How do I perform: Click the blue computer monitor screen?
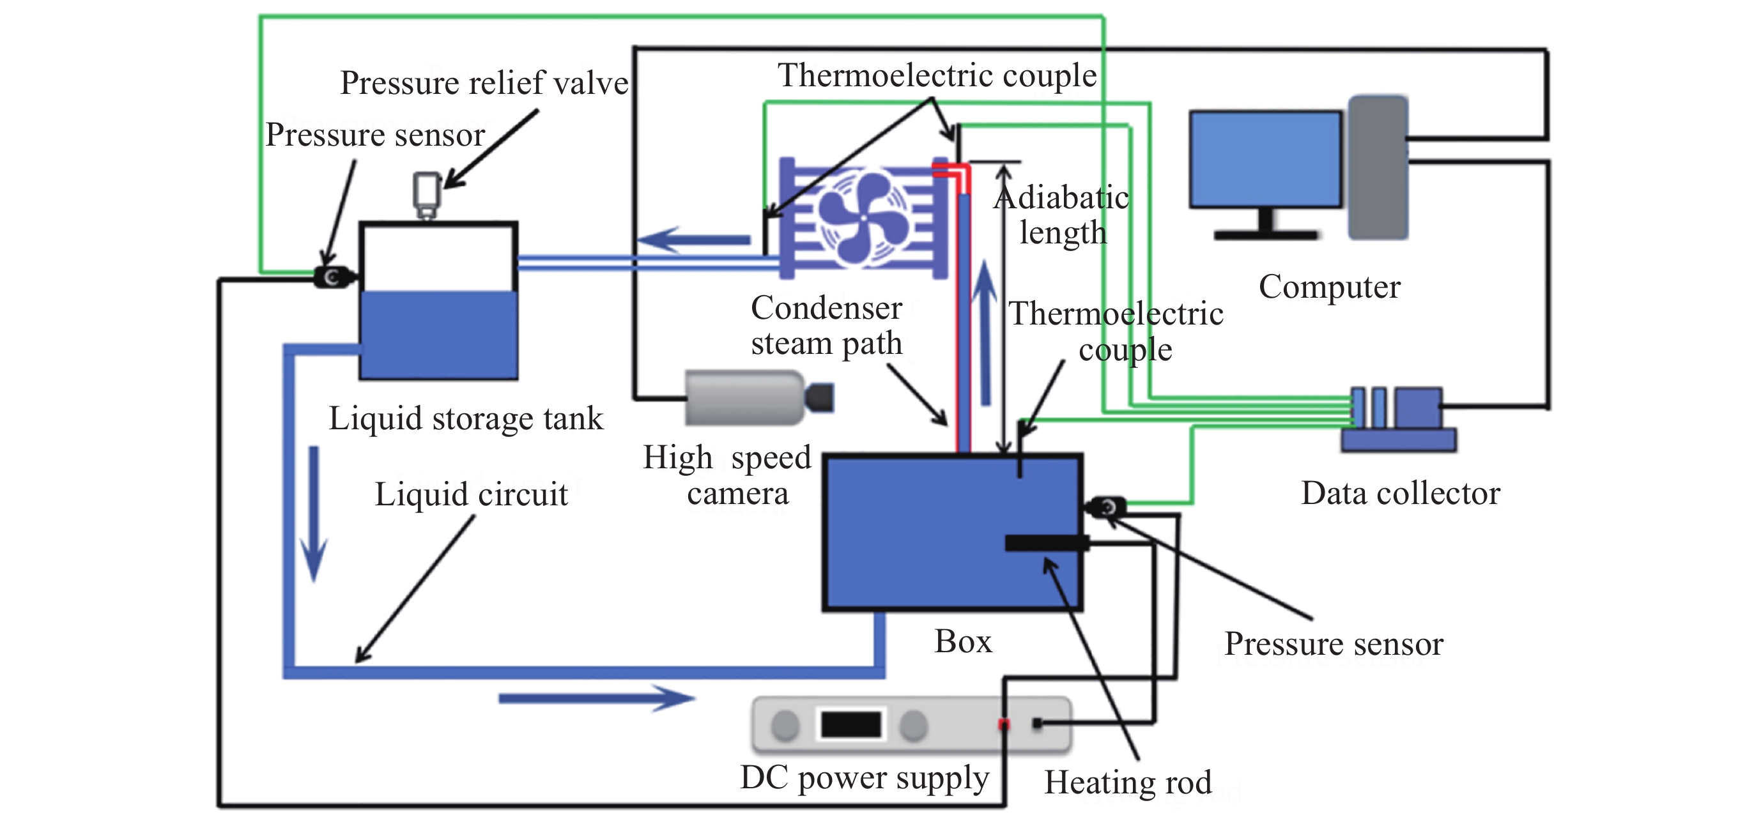(1265, 159)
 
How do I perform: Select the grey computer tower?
(1377, 168)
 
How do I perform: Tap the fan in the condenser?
(863, 218)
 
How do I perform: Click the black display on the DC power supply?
(850, 724)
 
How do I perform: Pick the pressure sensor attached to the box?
(1105, 507)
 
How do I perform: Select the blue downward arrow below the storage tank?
(314, 512)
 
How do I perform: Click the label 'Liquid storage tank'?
(466, 419)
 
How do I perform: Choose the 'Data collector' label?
(1400, 493)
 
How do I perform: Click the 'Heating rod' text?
(1128, 783)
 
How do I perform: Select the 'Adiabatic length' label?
(1063, 215)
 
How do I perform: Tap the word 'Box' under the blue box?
(962, 641)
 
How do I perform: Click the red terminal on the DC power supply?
(1004, 724)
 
